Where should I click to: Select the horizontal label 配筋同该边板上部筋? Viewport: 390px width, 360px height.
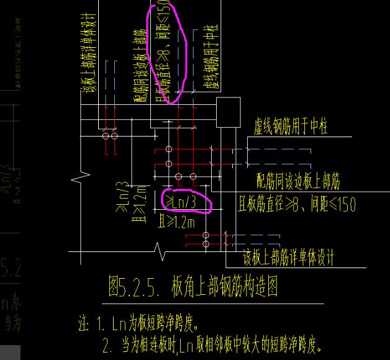tap(298, 181)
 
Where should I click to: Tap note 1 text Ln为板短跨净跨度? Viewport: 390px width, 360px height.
tap(155, 324)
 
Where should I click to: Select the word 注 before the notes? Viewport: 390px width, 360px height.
tap(83, 324)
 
